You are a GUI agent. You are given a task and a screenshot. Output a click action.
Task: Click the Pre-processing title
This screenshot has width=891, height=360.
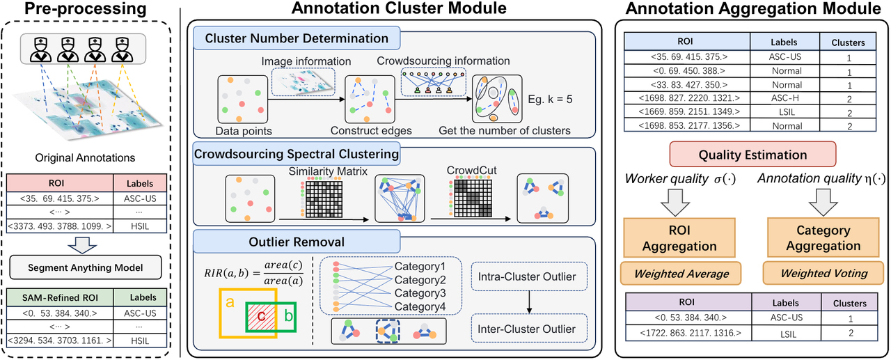(86, 10)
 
